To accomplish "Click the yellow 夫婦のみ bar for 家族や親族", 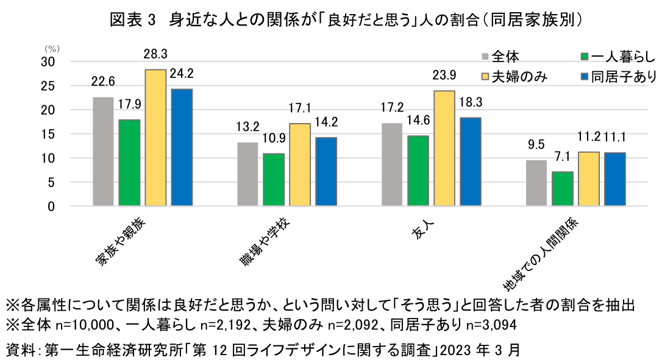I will point(155,138).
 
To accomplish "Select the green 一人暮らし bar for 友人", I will point(418,171).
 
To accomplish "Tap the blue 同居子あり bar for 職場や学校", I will point(326,172).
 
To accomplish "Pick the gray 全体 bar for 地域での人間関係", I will point(536,183).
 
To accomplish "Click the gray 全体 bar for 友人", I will point(392,164).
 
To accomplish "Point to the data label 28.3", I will point(155,54).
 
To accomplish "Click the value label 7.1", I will point(562,157).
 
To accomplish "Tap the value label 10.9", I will point(273,139).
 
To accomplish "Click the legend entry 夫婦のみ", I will point(521,76).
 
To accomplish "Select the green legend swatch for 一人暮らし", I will point(584,57).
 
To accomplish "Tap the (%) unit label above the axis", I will point(50,47).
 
